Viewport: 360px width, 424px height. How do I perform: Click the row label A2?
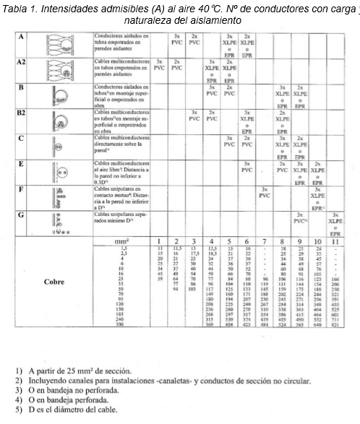pos(22,64)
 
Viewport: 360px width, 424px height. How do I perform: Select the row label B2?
pos(22,113)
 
